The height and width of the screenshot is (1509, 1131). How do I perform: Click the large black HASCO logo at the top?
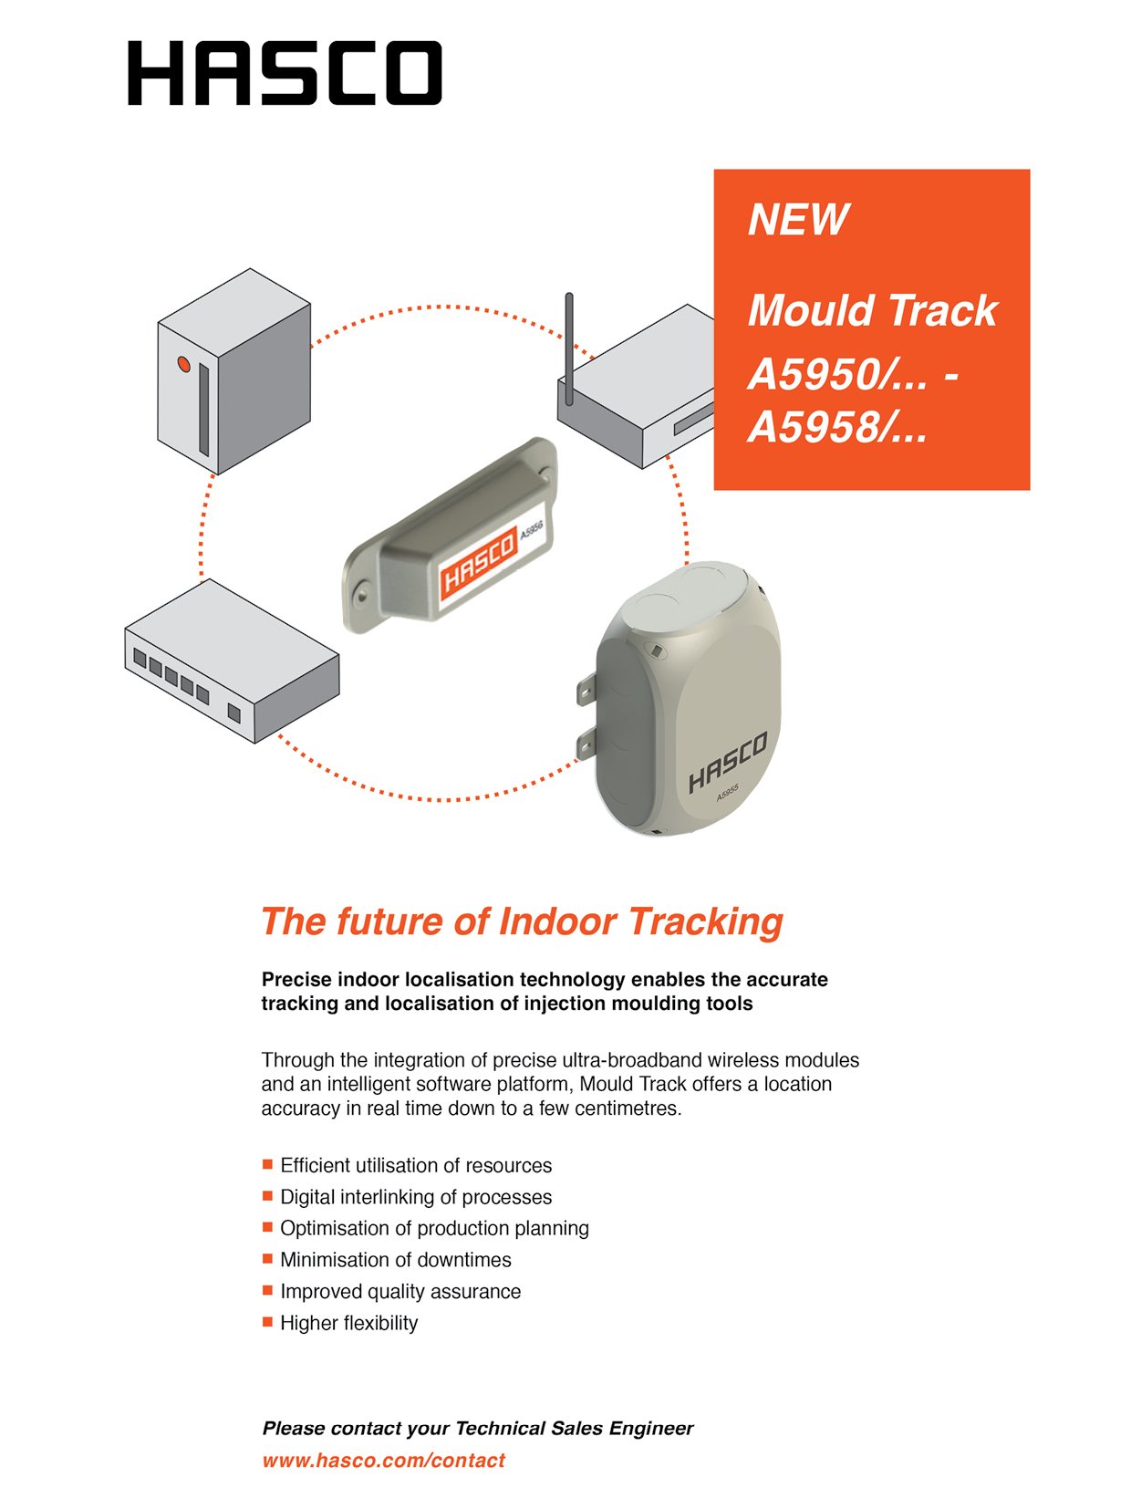tap(285, 73)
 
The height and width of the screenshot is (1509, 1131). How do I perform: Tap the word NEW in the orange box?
tap(798, 220)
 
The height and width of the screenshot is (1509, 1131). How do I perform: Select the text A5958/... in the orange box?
tap(836, 427)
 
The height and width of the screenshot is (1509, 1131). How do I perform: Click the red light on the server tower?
tap(183, 364)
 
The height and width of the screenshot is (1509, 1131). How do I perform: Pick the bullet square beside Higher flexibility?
tap(268, 1321)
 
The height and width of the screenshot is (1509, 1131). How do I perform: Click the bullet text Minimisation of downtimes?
tap(395, 1260)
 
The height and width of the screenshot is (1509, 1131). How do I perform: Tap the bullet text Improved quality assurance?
tap(400, 1292)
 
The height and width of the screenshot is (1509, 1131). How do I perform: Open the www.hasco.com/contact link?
tap(383, 1460)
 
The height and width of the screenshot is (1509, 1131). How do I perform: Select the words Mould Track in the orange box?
tap(872, 310)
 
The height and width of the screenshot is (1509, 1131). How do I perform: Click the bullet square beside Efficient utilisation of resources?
tap(268, 1164)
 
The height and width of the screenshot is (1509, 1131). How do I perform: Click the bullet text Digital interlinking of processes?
tap(416, 1197)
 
